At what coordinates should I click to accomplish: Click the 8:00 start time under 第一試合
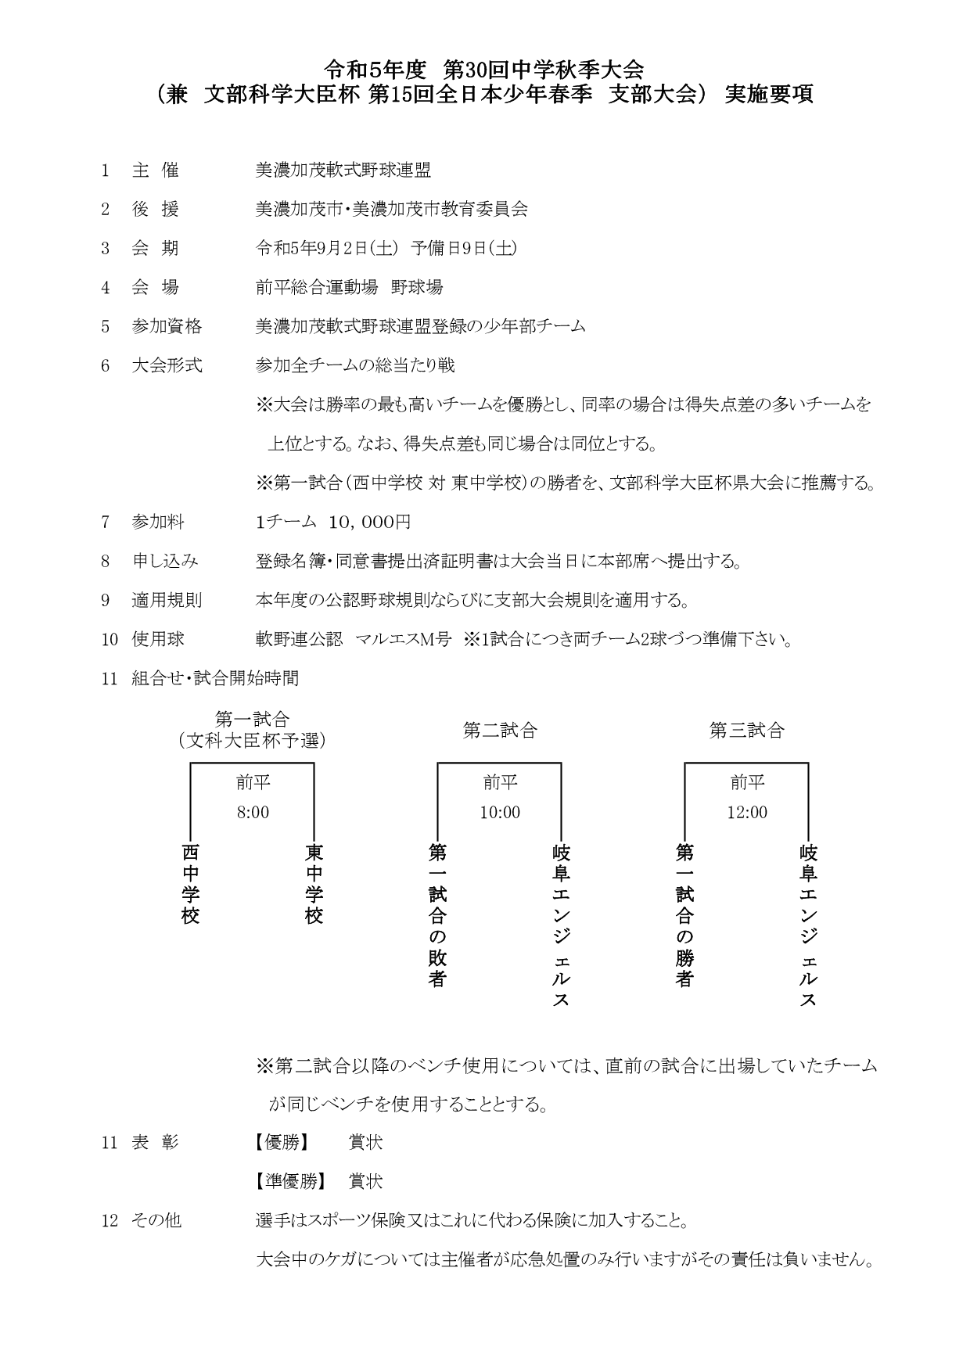coord(253,813)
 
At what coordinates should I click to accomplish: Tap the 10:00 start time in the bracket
coord(500,813)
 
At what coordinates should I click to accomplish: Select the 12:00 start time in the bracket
coord(747,813)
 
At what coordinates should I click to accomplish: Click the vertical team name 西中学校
coord(191,884)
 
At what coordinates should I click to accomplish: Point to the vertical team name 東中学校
coord(314,884)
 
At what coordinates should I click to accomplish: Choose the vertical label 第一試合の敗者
coord(438,915)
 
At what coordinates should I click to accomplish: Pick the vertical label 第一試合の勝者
coord(685,915)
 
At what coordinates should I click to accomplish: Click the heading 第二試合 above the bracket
coord(500,731)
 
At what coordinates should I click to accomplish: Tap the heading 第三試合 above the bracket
coord(747,731)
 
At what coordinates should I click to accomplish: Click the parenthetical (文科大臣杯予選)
coord(252,740)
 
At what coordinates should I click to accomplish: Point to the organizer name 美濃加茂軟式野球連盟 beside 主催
coord(343,170)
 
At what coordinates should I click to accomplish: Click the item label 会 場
coord(155,287)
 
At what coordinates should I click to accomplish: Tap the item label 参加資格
coord(167,326)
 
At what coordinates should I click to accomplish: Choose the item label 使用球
coord(158,640)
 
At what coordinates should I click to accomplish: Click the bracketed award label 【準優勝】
coord(288,1181)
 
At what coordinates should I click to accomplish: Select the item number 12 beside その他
coord(110,1220)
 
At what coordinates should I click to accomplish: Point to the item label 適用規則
coord(167,601)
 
